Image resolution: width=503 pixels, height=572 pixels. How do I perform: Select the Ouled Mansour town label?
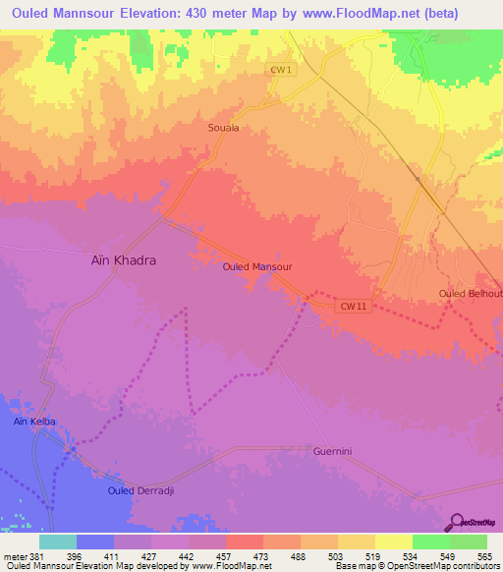coord(257,266)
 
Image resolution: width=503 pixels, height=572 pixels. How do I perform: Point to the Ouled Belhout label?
coord(471,294)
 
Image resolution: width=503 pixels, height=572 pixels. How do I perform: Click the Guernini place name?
coord(331,451)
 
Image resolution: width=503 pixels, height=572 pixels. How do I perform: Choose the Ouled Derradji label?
coord(140,489)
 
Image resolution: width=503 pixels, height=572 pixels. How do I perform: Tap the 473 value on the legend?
coord(262,555)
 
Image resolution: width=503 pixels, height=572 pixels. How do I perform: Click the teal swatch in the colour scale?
coord(57,542)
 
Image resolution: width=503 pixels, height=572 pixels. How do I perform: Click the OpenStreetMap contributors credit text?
coord(438,567)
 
